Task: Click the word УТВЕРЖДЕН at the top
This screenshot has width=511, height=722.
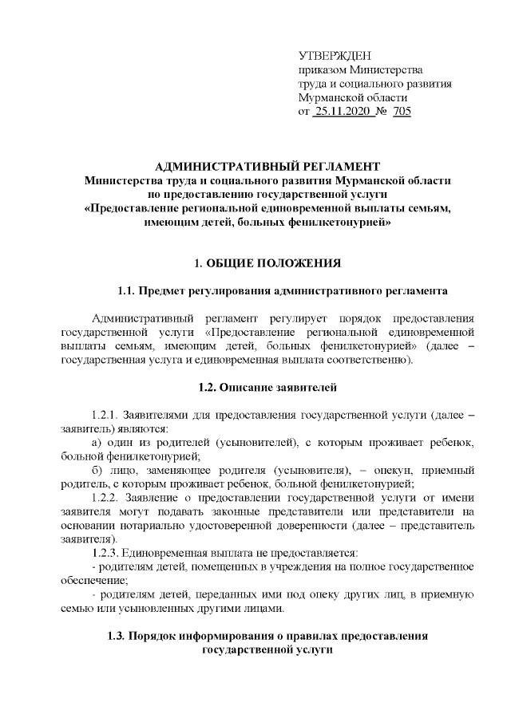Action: coord(335,55)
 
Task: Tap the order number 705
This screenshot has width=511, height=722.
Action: coord(402,112)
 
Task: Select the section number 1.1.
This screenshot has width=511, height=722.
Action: coord(127,291)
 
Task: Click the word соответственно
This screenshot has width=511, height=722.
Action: coord(370,361)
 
